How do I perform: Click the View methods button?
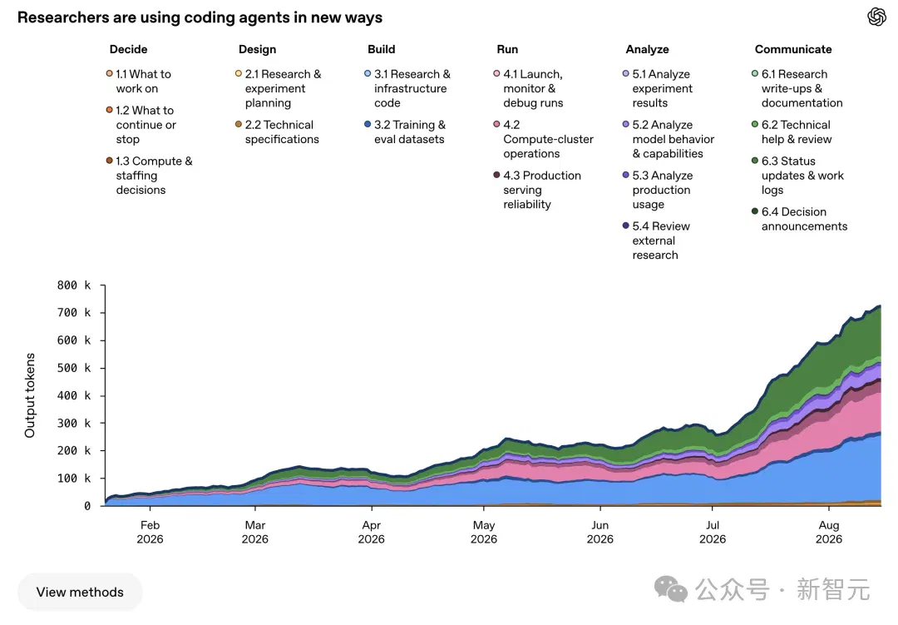[80, 592]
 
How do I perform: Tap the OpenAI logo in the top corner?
[876, 17]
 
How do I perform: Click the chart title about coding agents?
[200, 17]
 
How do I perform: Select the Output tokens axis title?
[30, 395]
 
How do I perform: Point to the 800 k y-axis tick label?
[74, 285]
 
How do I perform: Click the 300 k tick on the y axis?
[74, 423]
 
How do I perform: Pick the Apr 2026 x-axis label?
[371, 532]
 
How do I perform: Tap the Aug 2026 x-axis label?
[829, 532]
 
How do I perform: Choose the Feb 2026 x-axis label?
[150, 532]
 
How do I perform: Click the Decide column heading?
[128, 49]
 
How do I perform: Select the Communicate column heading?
[793, 49]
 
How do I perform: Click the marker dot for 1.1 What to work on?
[110, 73]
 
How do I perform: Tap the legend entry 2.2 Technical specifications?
[277, 131]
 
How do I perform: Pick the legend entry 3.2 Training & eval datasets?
[405, 131]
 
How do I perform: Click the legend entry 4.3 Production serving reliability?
[537, 190]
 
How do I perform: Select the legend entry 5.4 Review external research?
[656, 241]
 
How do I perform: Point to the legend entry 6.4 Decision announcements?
[800, 219]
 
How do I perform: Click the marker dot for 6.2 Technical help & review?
[755, 125]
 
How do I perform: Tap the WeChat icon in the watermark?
[671, 589]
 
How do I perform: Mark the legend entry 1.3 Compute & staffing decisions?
[150, 176]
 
